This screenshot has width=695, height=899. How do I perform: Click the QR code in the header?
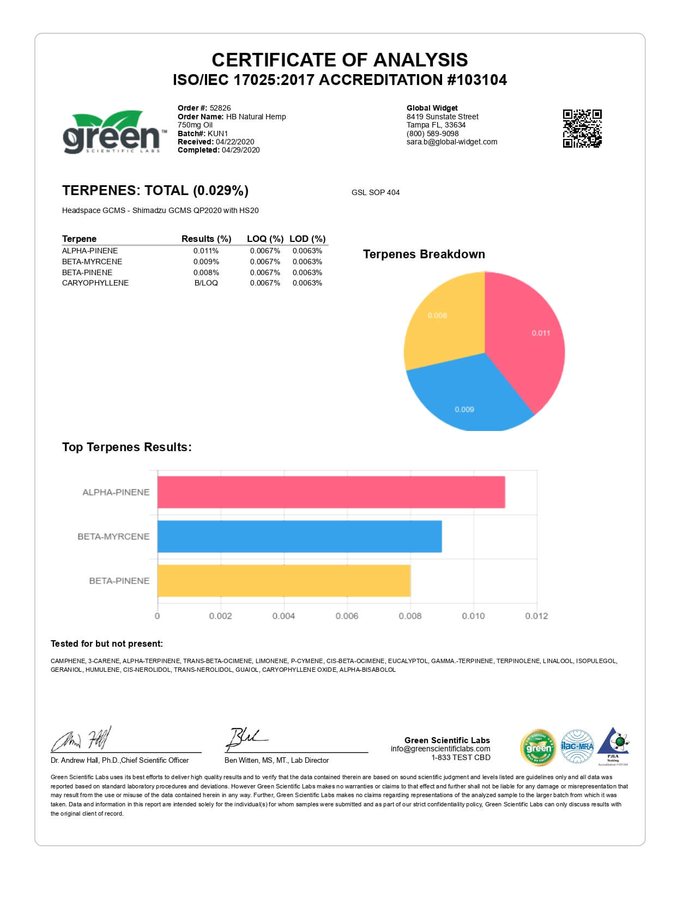pyautogui.click(x=582, y=128)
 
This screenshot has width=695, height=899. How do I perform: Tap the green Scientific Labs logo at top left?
pyautogui.click(x=112, y=132)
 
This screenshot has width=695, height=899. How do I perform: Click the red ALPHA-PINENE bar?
pyautogui.click(x=331, y=492)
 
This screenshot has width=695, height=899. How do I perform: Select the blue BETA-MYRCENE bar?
pyautogui.click(x=299, y=536)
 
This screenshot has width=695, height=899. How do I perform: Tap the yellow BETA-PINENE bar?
pyautogui.click(x=283, y=581)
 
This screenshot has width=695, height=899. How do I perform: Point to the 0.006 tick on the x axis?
pyautogui.click(x=347, y=616)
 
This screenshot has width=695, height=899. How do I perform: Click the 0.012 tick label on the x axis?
pyautogui.click(x=536, y=616)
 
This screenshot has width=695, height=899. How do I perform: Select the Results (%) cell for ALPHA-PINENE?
pyautogui.click(x=206, y=251)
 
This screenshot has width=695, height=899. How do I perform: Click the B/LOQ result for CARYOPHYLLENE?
pyautogui.click(x=206, y=283)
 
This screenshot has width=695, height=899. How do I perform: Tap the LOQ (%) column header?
pyautogui.click(x=265, y=239)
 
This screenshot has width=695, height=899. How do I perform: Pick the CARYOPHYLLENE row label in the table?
pyautogui.click(x=95, y=283)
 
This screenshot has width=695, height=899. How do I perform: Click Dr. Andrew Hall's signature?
pyautogui.click(x=82, y=739)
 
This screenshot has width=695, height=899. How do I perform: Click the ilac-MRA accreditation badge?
pyautogui.click(x=577, y=746)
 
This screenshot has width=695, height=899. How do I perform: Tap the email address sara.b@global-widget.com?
pyautogui.click(x=452, y=142)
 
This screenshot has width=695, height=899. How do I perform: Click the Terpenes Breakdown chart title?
pyautogui.click(x=424, y=254)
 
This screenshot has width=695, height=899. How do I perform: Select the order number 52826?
pyautogui.click(x=220, y=108)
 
